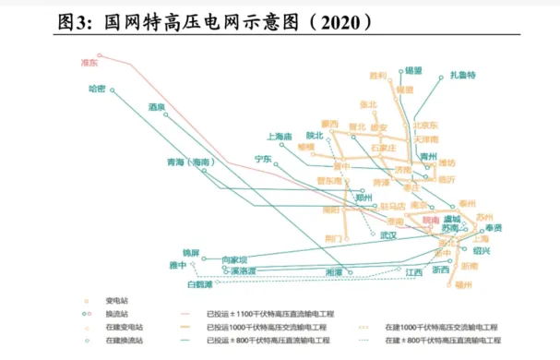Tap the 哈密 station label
tap(97, 89)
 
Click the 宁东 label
tap(262, 159)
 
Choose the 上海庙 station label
tap(279, 137)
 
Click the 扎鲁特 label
tap(462, 75)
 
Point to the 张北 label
tap(368, 103)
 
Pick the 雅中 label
tap(178, 265)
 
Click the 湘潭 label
tap(333, 272)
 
